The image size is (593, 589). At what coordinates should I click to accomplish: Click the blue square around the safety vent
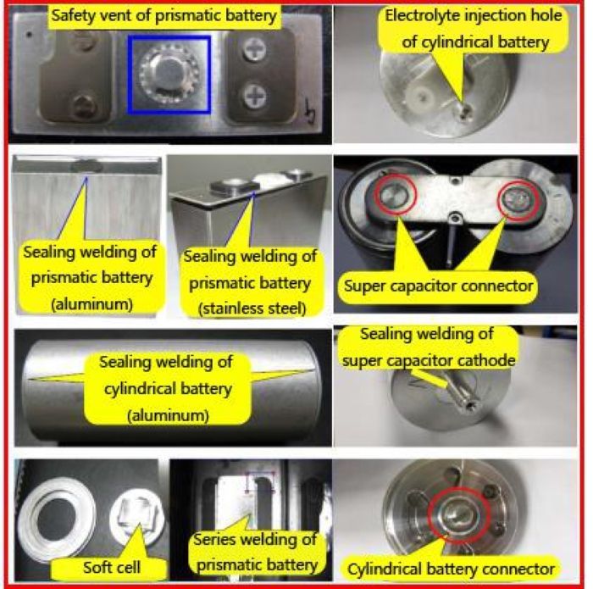[129, 75]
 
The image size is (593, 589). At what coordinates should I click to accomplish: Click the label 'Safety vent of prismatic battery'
[164, 16]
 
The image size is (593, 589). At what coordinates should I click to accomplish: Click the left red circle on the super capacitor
[396, 195]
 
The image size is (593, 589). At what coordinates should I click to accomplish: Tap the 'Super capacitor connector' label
[438, 286]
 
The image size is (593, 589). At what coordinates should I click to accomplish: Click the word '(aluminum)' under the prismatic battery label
[91, 304]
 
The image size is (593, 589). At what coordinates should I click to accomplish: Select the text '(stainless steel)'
[252, 308]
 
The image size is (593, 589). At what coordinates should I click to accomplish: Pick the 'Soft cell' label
[112, 568]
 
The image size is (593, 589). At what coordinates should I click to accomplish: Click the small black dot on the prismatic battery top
[29, 35]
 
